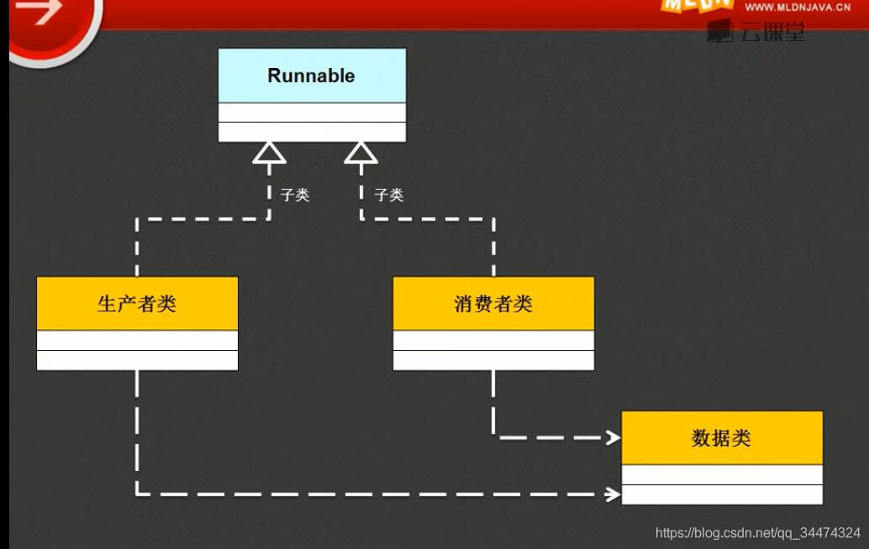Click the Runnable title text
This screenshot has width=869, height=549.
pyautogui.click(x=311, y=76)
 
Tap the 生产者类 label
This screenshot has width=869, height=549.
pyautogui.click(x=137, y=304)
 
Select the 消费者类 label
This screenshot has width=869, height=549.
pyautogui.click(x=493, y=304)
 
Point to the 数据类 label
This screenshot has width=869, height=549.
pyautogui.click(x=721, y=438)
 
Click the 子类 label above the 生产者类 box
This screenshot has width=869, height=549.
pyautogui.click(x=295, y=195)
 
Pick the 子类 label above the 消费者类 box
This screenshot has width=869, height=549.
pyautogui.click(x=389, y=195)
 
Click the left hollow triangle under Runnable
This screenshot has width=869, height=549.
pyautogui.click(x=269, y=152)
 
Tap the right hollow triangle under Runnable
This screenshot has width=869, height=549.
pyautogui.click(x=361, y=152)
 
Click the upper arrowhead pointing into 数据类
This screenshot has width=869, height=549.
pyautogui.click(x=612, y=437)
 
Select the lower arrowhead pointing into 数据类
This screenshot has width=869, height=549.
pyautogui.click(x=612, y=494)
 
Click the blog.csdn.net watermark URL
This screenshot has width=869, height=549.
pyautogui.click(x=757, y=533)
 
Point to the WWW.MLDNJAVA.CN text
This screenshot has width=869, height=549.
pyautogui.click(x=798, y=7)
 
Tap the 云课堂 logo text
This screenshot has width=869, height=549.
pyautogui.click(x=772, y=33)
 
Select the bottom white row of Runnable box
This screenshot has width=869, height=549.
pyautogui.click(x=312, y=132)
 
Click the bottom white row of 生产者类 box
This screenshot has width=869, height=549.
pyautogui.click(x=137, y=360)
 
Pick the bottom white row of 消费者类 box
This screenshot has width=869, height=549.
pyautogui.click(x=493, y=360)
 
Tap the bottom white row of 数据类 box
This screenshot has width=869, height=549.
pyautogui.click(x=721, y=494)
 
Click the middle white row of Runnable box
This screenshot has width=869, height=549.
pyautogui.click(x=312, y=112)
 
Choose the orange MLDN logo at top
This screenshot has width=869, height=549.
pyautogui.click(x=696, y=6)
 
